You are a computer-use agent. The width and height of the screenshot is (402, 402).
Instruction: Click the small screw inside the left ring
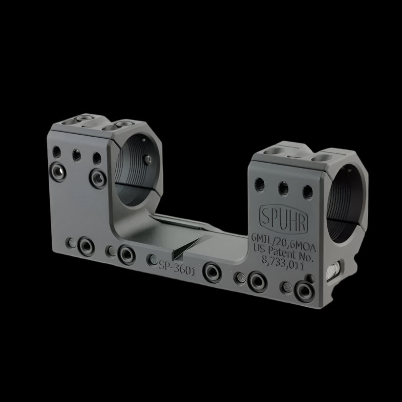pyautogui.click(x=147, y=159)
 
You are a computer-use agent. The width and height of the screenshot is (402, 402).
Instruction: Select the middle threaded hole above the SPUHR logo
pyautogui.click(x=282, y=187)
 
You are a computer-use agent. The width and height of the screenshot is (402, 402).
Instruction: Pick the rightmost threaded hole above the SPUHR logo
pyautogui.click(x=307, y=190)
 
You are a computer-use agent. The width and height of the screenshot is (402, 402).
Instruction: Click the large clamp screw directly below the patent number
pyautogui.click(x=257, y=280)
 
